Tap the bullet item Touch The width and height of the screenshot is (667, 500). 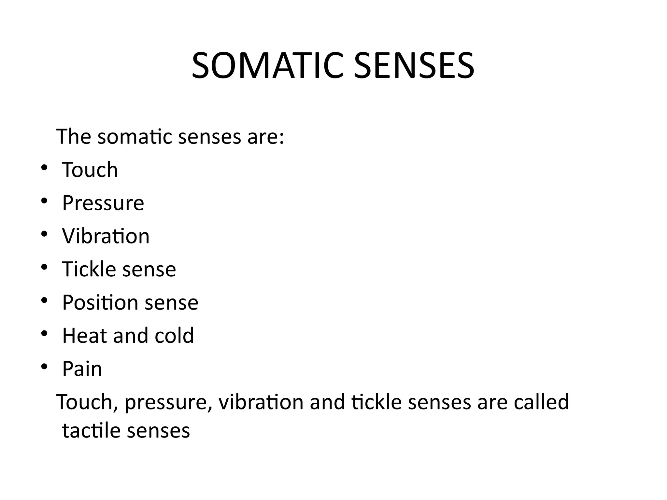90,170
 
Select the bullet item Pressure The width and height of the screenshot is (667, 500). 103,203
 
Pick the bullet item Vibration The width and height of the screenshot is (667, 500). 106,236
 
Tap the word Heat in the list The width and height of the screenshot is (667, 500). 84,336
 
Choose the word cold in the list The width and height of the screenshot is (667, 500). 174,336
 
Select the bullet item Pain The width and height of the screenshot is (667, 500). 82,369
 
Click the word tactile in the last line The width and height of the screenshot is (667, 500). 91,431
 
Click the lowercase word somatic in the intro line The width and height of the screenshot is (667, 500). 135,137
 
